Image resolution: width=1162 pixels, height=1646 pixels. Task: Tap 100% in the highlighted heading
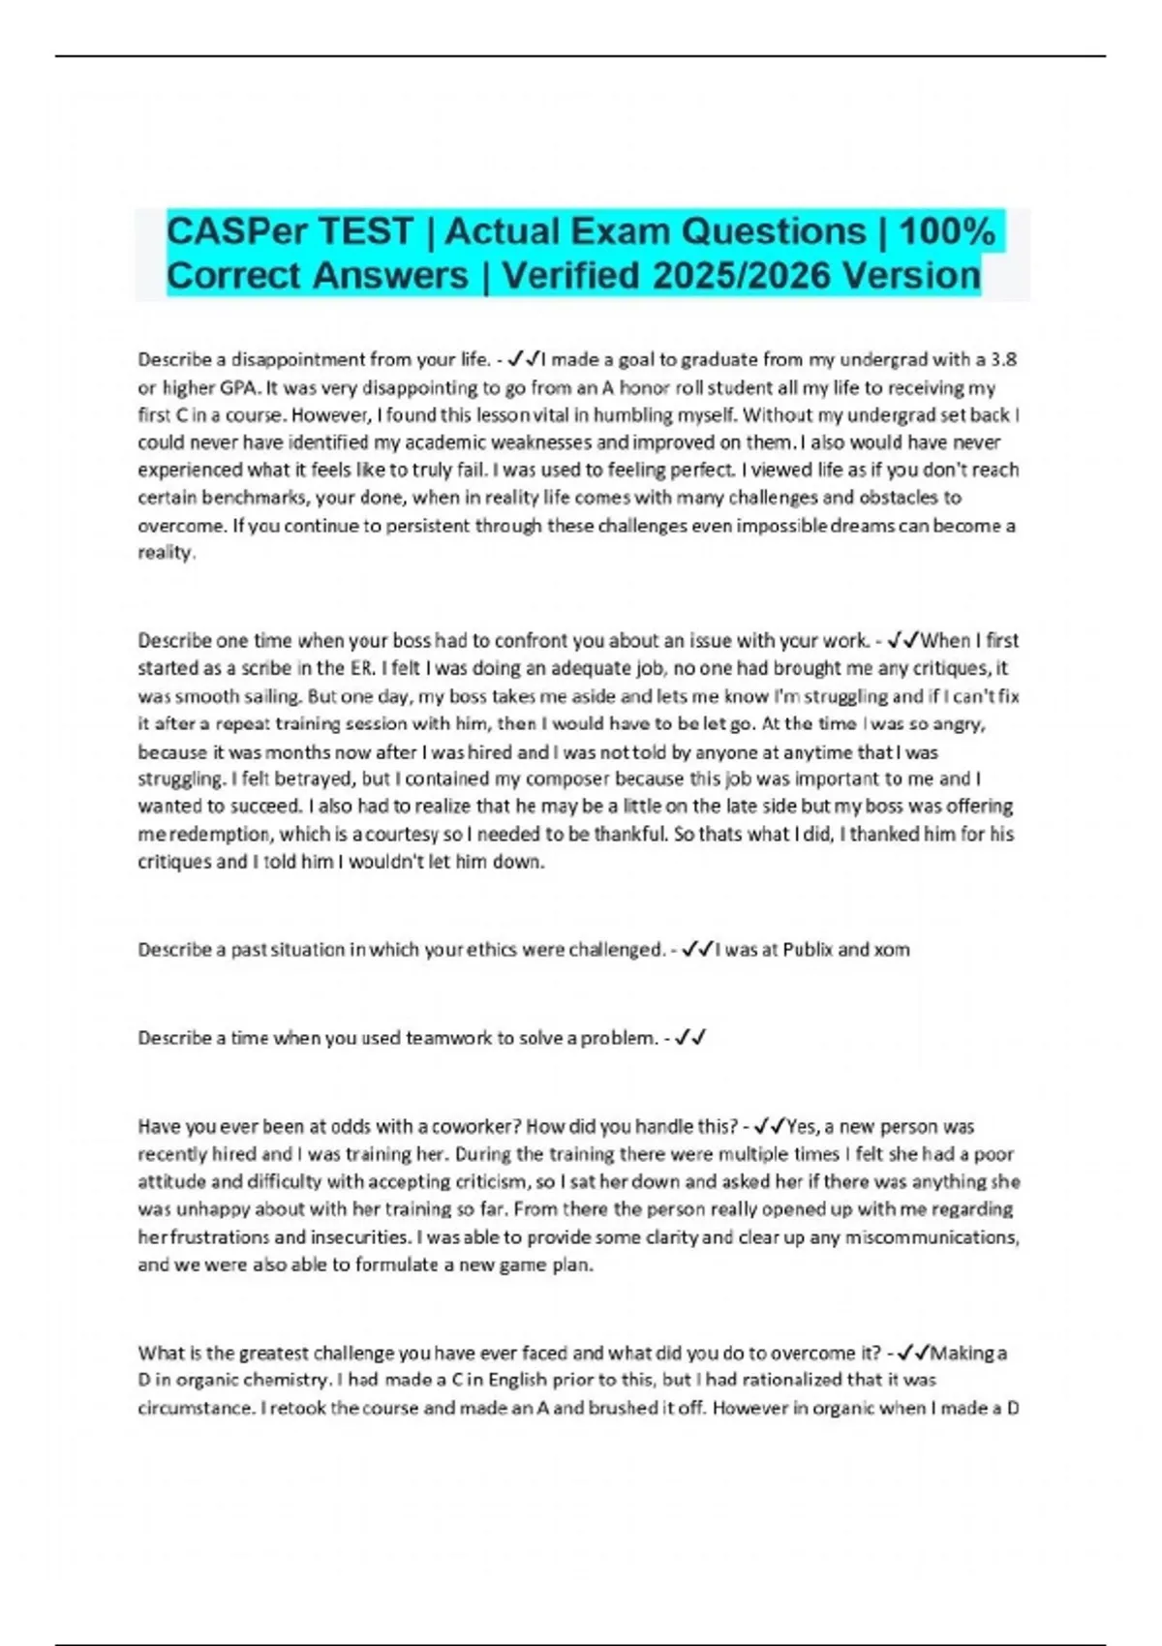(946, 231)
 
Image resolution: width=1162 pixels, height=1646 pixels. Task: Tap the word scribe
(265, 668)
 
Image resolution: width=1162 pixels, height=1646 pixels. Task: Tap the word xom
(891, 950)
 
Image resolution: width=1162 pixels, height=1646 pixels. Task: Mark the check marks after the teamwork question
(690, 1038)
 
